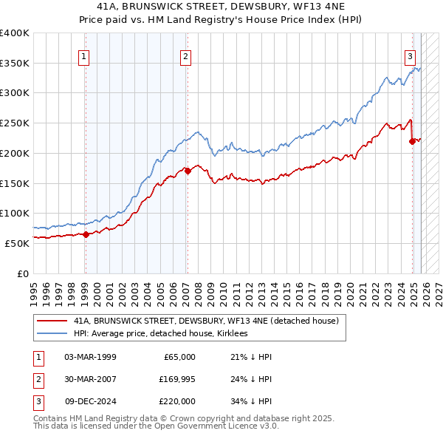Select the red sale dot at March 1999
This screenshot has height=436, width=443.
(86, 234)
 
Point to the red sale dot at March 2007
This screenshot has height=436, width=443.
(187, 171)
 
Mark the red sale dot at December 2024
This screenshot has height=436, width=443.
(412, 140)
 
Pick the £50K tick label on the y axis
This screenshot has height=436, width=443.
(18, 243)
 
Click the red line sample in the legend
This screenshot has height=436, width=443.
(52, 321)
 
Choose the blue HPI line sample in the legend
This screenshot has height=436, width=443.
(52, 334)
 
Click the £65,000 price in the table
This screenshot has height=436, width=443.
(178, 357)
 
